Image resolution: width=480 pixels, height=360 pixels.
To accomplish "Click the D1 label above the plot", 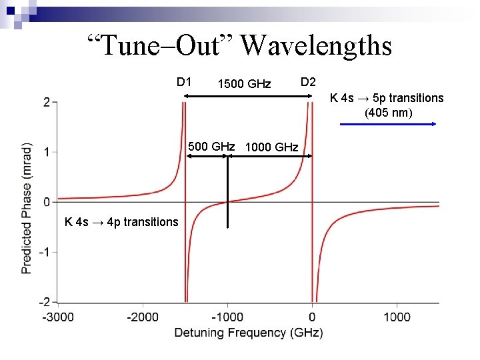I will point(185,82).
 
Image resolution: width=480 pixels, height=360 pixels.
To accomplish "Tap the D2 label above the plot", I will point(308,82).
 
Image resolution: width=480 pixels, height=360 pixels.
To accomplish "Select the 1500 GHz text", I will point(244,84).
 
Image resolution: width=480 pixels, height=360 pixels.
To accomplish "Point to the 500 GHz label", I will point(211,146).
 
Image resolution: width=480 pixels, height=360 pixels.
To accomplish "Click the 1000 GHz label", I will point(271,147).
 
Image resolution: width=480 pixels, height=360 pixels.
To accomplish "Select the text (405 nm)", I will point(388,112).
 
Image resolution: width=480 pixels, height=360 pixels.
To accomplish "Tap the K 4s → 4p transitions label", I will point(121,222).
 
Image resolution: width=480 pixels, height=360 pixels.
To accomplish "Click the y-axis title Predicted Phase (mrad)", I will point(27,207).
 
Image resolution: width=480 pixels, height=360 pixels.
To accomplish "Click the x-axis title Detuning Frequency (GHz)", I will point(249,332).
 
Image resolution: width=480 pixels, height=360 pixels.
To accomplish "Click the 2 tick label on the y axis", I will point(46,102).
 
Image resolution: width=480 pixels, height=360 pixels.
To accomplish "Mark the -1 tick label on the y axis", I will point(44,252).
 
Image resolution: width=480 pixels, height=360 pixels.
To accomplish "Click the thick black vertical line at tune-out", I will point(228,193).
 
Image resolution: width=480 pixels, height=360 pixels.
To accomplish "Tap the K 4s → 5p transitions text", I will point(387,98).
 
